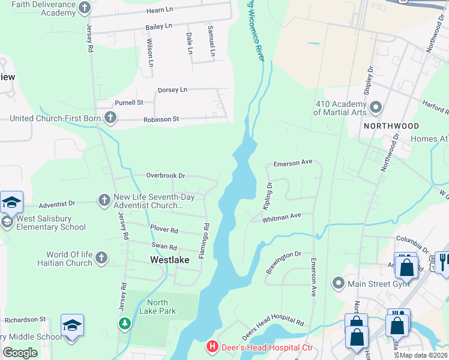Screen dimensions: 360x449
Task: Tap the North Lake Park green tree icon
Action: click(125, 324)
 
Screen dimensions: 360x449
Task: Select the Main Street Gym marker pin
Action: click(339, 283)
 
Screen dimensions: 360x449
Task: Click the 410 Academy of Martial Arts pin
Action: click(376, 107)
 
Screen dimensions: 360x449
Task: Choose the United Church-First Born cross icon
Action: click(110, 118)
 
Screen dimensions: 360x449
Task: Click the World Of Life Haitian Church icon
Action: click(101, 259)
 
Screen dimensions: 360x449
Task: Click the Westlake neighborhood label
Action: click(169, 260)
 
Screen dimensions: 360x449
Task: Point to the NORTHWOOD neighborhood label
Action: click(391, 126)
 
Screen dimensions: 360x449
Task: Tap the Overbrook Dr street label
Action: click(166, 176)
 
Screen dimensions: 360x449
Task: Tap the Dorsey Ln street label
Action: click(172, 90)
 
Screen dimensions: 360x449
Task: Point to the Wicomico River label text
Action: click(254, 27)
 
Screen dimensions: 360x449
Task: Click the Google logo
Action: click(20, 352)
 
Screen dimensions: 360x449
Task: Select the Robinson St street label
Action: click(161, 119)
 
